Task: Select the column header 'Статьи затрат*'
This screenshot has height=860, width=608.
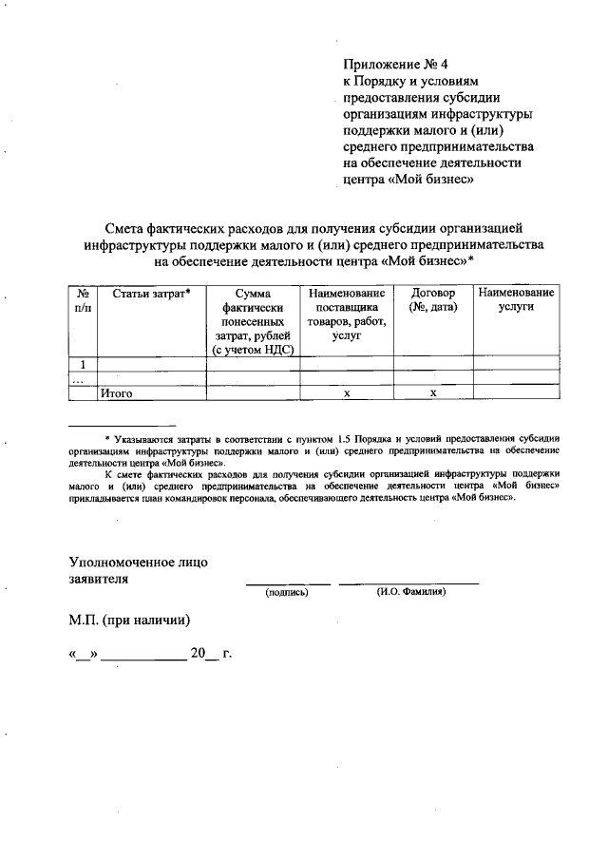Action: pos(152,294)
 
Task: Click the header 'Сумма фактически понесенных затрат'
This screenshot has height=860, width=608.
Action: pos(253,321)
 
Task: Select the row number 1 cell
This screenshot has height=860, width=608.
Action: pos(84,364)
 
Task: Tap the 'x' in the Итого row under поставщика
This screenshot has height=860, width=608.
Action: pos(347,392)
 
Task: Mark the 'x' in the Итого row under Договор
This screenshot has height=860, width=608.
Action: pos(433,392)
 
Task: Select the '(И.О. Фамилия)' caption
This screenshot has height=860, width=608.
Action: pos(410,592)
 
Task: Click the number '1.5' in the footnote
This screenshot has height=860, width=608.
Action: pos(345,438)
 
